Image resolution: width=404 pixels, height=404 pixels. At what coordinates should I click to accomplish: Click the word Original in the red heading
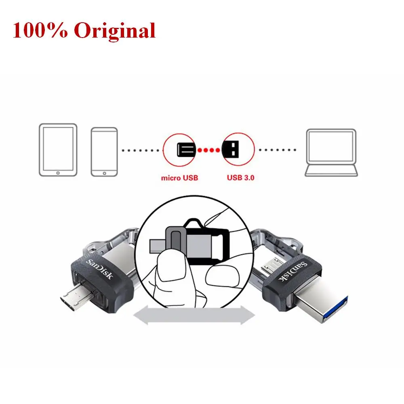[x=115, y=30]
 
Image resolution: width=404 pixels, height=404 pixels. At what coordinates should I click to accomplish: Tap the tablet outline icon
[x=58, y=150]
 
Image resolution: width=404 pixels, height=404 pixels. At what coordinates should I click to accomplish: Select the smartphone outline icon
[x=104, y=151]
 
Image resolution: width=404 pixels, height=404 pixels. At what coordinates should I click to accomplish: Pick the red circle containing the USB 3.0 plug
[x=238, y=149]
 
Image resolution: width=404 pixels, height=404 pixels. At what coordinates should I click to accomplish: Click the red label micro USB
[x=180, y=177]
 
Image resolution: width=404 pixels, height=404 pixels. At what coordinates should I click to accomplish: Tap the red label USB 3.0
[x=240, y=177]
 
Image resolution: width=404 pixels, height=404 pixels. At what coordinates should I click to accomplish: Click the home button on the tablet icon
[x=58, y=172]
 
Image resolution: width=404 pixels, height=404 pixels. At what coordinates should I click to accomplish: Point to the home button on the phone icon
[x=104, y=173]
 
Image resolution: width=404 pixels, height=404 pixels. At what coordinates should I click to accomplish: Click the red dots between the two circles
[x=208, y=150]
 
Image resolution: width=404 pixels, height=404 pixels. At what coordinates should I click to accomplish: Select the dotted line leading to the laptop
[x=278, y=150]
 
